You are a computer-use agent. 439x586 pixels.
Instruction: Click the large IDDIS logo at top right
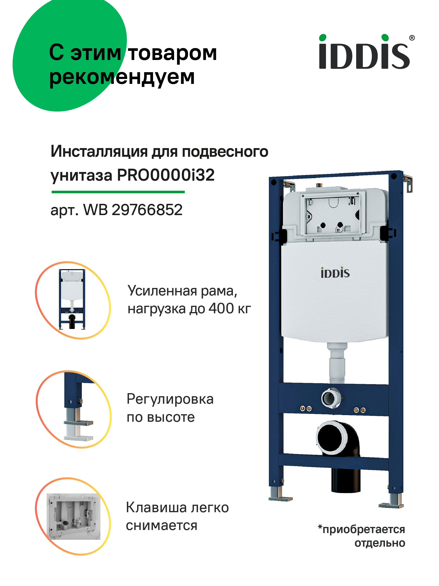pos(364,52)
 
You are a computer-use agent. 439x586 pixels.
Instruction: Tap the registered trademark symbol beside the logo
pos(412,38)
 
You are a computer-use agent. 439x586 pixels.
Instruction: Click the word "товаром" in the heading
pos(173,53)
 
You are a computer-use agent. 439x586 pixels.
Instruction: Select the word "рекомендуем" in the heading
pos(122,77)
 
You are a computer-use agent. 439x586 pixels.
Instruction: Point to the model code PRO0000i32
pos(166,175)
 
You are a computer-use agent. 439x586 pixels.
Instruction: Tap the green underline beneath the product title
pos(118,192)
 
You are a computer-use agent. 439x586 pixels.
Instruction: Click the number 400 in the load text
pos(221,308)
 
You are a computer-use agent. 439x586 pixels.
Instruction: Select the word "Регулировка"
pos(170,399)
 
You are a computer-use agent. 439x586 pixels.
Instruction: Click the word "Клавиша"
pos(157,508)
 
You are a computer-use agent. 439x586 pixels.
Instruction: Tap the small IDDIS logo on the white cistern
pos(335,273)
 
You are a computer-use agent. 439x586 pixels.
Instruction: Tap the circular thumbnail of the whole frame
pos(73,300)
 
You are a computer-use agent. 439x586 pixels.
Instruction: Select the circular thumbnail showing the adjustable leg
pos(73,409)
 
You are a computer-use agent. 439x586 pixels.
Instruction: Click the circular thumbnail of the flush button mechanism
pos(73,517)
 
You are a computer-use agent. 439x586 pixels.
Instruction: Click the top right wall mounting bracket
pos(408,183)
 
